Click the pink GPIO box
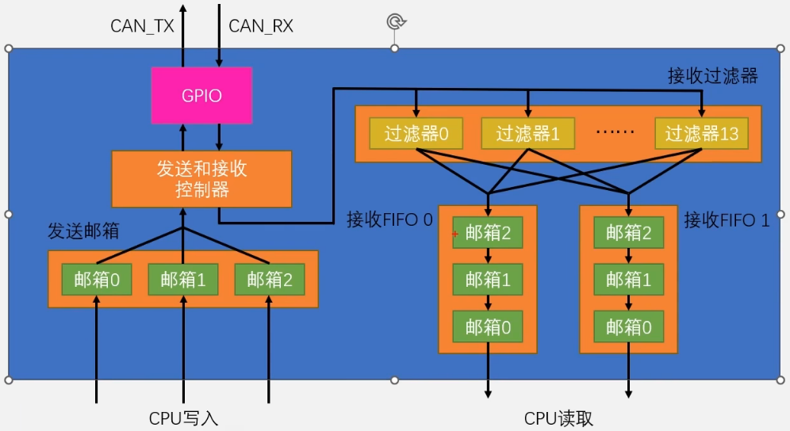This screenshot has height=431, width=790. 201,96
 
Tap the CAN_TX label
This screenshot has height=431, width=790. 142,26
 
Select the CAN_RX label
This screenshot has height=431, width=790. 261,26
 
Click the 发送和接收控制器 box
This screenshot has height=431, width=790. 201,180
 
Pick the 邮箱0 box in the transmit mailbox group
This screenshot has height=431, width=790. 97,279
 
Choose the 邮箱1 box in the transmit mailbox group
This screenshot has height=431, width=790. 183,279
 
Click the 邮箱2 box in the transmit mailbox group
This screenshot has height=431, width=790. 270,279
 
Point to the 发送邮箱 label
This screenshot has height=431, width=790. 83,231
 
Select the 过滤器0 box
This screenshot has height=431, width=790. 416,134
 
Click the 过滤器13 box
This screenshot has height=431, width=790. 702,134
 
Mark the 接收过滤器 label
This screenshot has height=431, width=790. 712,76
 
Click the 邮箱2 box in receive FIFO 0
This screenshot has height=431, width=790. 488,233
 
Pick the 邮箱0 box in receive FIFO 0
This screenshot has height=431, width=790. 488,326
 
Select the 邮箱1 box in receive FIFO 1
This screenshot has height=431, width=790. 629,279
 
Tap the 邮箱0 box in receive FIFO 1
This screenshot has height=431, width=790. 629,326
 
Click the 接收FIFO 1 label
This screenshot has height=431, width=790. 727,219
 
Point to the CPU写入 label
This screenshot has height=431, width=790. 183,418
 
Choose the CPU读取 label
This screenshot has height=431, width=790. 558,418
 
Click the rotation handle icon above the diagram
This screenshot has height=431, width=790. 394,21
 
